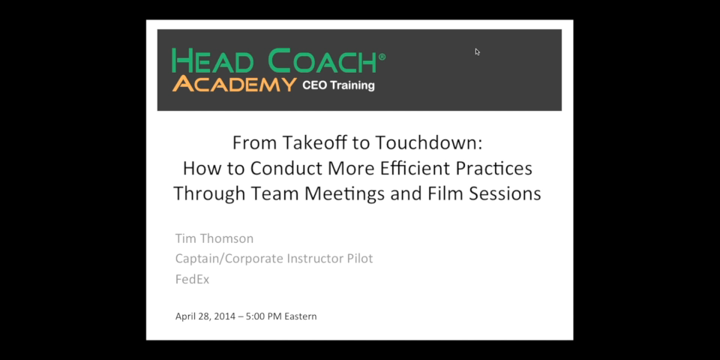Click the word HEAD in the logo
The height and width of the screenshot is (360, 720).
click(x=212, y=61)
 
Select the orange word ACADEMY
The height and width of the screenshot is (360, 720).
click(x=234, y=85)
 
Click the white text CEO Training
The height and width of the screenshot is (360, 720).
click(x=338, y=85)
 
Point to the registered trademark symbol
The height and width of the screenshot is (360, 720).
click(x=382, y=57)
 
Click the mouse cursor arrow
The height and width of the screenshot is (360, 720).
click(x=478, y=52)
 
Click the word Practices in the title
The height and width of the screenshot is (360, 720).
click(x=494, y=168)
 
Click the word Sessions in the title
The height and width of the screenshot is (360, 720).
click(x=505, y=193)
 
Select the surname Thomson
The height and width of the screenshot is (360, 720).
click(x=226, y=238)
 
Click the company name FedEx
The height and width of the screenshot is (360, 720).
click(x=193, y=279)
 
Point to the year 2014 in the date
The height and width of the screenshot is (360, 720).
click(x=225, y=316)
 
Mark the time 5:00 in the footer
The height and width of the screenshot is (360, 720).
click(x=256, y=316)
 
